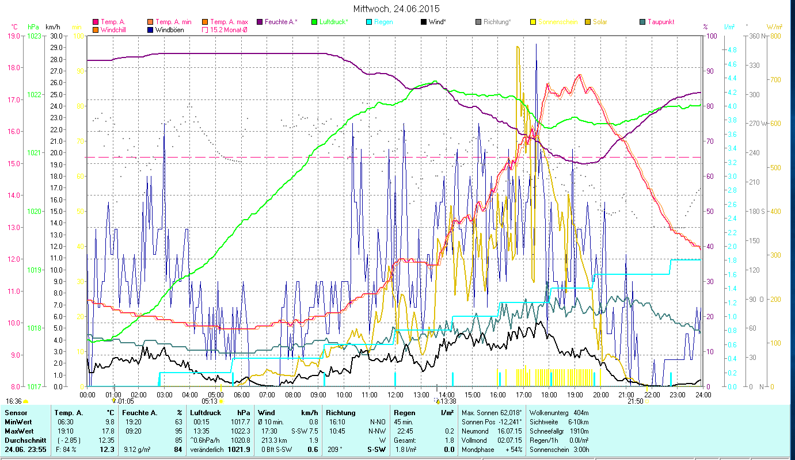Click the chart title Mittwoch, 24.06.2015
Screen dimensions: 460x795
397,9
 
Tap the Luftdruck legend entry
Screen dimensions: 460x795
334,22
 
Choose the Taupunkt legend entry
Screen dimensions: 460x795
660,22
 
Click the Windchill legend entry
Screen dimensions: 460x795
115,29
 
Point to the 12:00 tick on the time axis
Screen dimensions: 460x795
395,394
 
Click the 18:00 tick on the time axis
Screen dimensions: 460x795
549,394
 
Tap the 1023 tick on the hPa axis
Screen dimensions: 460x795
35,36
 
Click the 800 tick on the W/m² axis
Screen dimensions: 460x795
775,36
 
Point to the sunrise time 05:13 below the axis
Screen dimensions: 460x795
210,401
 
